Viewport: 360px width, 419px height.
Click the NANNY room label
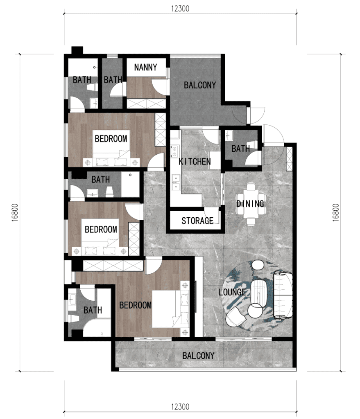point(145,68)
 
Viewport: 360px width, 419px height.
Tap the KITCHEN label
point(195,162)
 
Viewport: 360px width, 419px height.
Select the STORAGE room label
point(197,221)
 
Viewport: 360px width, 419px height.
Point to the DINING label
point(250,203)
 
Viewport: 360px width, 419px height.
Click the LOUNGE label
point(232,292)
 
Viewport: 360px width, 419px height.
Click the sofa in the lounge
point(283,295)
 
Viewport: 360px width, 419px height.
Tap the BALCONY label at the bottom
point(198,356)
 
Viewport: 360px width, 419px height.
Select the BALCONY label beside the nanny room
point(199,86)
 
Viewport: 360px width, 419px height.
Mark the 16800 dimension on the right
point(336,213)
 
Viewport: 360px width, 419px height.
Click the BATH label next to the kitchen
point(240,149)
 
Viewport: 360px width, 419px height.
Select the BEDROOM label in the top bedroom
point(111,139)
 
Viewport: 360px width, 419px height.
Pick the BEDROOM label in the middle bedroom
point(101,230)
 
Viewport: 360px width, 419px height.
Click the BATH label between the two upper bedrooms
point(100,180)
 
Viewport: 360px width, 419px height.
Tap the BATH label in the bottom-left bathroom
point(93,311)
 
